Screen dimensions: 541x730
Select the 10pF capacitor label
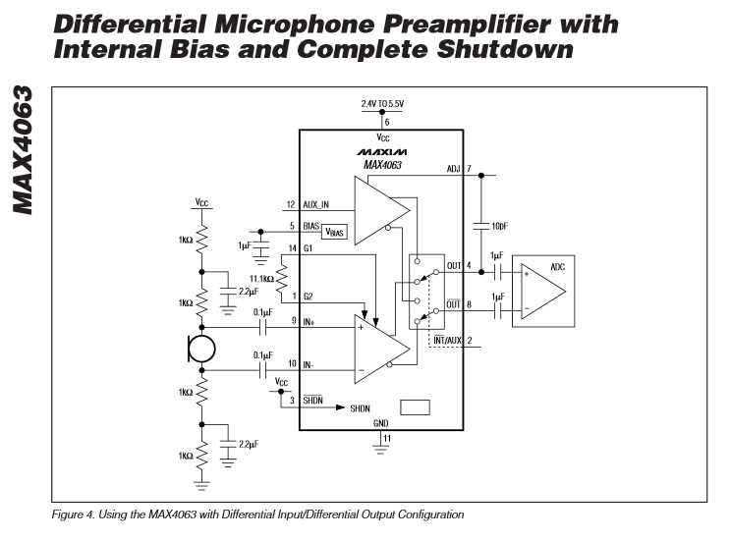point(498,226)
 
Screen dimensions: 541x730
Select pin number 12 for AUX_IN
point(291,205)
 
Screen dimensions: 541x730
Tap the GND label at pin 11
point(381,423)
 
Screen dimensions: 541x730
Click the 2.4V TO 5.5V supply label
point(381,102)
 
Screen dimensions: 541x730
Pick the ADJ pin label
point(453,169)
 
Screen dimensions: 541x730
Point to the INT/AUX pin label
point(448,341)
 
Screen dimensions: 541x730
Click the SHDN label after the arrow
point(361,407)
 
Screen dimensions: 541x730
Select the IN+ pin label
point(309,321)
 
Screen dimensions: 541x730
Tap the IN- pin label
point(309,364)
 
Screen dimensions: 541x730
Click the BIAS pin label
point(312,225)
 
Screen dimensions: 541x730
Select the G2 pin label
point(308,297)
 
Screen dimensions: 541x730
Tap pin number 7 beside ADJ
point(469,169)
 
